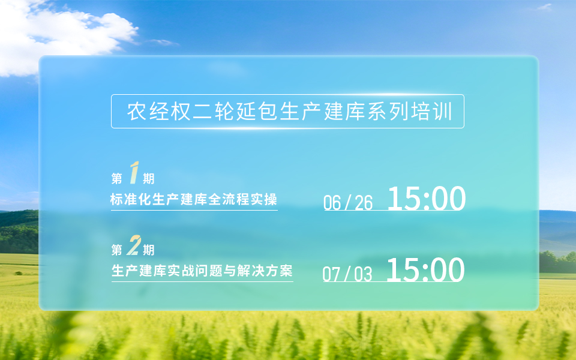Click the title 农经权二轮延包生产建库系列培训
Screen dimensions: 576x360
pyautogui.click(x=289, y=112)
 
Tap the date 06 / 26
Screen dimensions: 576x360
pyautogui.click(x=348, y=203)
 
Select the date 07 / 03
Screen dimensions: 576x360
pyautogui.click(x=347, y=274)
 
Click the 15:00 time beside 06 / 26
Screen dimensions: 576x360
pyautogui.click(x=427, y=199)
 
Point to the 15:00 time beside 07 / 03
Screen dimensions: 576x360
pyautogui.click(x=425, y=269)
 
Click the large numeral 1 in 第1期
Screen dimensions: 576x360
pyautogui.click(x=134, y=173)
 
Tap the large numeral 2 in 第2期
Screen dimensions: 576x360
pyautogui.click(x=134, y=245)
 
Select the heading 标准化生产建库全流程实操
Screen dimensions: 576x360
pyautogui.click(x=194, y=199)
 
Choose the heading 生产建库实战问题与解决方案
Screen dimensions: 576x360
pyautogui.click(x=202, y=271)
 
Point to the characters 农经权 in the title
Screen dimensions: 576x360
pyautogui.click(x=158, y=112)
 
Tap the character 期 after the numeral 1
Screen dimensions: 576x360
pyautogui.click(x=148, y=179)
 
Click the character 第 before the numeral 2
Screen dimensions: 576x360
pyautogui.click(x=117, y=250)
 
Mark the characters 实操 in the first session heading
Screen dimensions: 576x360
pyautogui.click(x=264, y=199)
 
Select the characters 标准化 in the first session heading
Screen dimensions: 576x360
pyautogui.click(x=130, y=199)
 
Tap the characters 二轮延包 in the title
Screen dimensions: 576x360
pyautogui.click(x=235, y=112)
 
